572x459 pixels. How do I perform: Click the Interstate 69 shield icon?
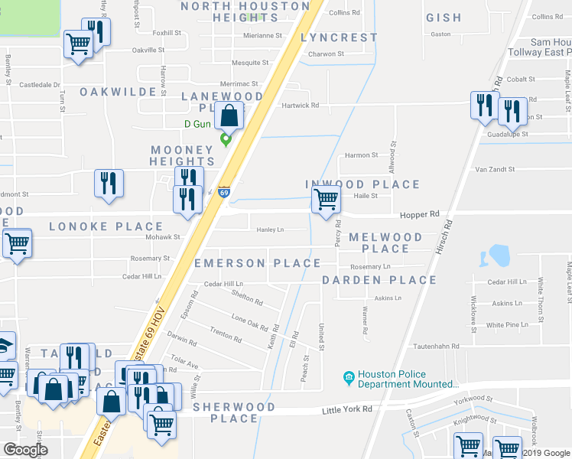point(223,192)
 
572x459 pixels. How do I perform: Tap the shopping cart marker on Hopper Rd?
point(326,200)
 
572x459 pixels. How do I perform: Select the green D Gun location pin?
point(226,139)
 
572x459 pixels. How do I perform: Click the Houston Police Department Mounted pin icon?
point(349,377)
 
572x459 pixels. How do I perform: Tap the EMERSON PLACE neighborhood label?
point(257,263)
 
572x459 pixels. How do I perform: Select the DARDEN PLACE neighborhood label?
point(379,280)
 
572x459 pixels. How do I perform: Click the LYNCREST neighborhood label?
point(339,37)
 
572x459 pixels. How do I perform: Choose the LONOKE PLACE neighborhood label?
point(106,226)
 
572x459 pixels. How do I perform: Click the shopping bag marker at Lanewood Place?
point(229,116)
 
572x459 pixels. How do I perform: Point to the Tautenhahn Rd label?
point(434,346)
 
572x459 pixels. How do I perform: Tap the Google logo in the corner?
point(25,450)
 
